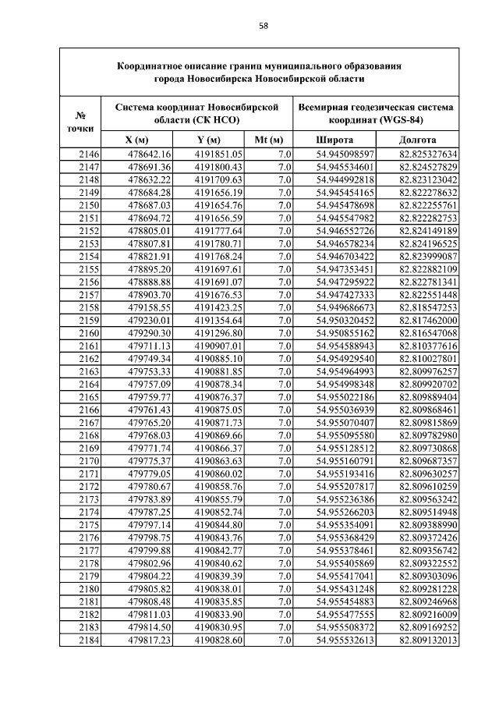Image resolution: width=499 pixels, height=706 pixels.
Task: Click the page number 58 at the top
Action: pos(264,26)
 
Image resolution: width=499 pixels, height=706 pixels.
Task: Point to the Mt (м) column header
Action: pos(267,140)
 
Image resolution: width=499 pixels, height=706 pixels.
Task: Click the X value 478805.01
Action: pos(148,231)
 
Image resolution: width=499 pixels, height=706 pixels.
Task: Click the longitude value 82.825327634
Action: pos(428,154)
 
